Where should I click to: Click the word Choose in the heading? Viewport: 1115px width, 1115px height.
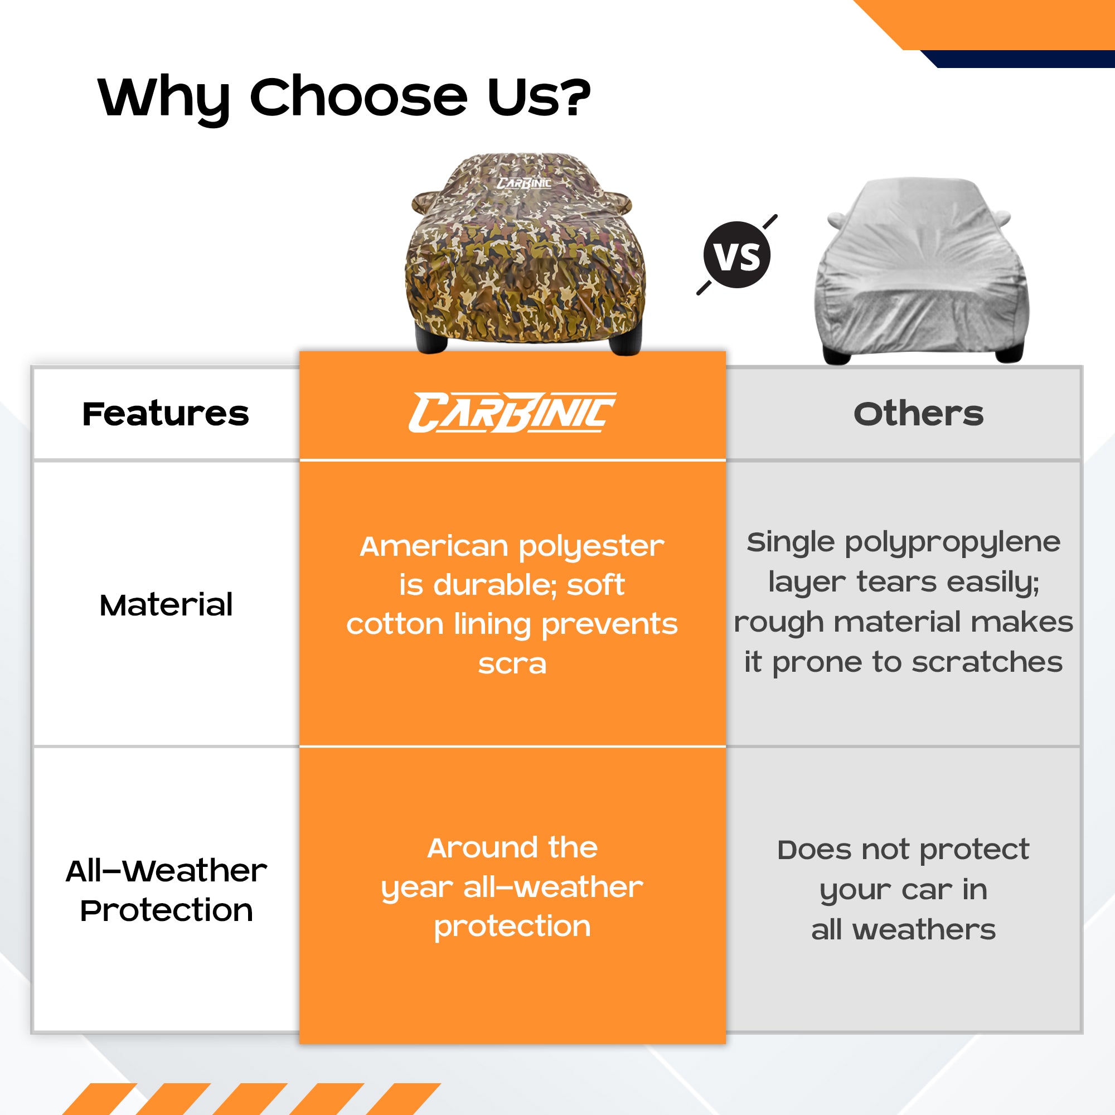point(358,96)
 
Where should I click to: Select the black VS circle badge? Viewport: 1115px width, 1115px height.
point(737,255)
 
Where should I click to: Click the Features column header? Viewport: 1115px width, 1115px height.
point(166,414)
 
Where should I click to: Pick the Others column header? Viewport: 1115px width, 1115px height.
point(918,414)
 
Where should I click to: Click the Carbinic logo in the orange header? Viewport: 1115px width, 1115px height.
point(512,413)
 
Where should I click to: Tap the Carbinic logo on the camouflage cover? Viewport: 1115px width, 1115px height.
point(524,183)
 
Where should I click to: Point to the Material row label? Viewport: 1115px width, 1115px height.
point(166,605)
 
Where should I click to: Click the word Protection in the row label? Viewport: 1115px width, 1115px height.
point(166,912)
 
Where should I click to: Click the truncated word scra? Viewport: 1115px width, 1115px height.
point(512,665)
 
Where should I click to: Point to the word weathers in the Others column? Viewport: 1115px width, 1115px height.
point(924,930)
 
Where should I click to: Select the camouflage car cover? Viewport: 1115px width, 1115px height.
point(525,254)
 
